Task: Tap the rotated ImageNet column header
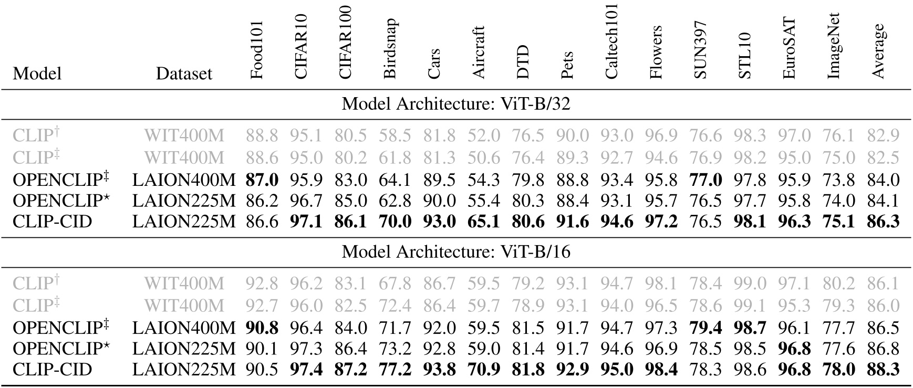pyautogui.click(x=834, y=46)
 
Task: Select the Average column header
pyautogui.click(x=878, y=51)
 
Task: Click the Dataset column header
pyautogui.click(x=184, y=74)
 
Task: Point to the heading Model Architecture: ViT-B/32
pyautogui.click(x=455, y=104)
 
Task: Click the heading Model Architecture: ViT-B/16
pyautogui.click(x=455, y=252)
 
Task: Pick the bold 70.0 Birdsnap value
pyautogui.click(x=395, y=222)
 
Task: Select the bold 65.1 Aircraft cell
pyautogui.click(x=484, y=222)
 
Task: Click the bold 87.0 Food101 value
pyautogui.click(x=262, y=180)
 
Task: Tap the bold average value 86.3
pyautogui.click(x=883, y=222)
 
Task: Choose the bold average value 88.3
pyautogui.click(x=883, y=370)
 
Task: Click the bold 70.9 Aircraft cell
pyautogui.click(x=484, y=370)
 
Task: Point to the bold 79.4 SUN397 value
pyautogui.click(x=705, y=328)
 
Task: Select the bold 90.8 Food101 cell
pyautogui.click(x=262, y=328)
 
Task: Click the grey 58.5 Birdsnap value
pyautogui.click(x=395, y=136)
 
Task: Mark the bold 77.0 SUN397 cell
pyautogui.click(x=705, y=180)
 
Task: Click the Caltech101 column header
pyautogui.click(x=612, y=42)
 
